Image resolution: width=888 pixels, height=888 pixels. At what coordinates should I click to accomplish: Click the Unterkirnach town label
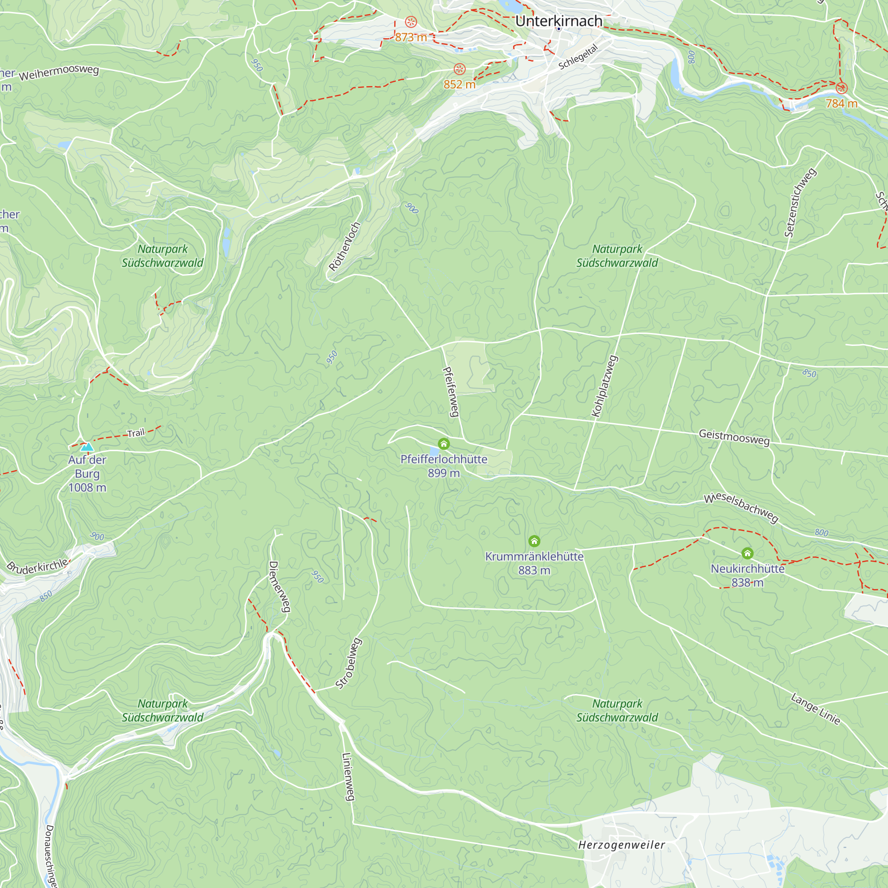click(x=559, y=21)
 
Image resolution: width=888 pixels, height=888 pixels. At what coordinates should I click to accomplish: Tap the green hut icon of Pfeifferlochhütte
click(x=444, y=444)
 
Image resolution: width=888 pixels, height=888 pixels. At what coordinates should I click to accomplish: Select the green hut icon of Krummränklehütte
click(x=534, y=541)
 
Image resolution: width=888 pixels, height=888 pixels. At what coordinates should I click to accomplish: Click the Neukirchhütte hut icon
click(x=747, y=553)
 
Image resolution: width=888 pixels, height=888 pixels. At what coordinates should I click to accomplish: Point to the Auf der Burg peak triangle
click(x=87, y=447)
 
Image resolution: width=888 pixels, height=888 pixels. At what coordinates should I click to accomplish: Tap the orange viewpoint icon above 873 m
click(x=411, y=22)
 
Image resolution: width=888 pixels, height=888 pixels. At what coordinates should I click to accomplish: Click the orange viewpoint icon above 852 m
click(x=460, y=69)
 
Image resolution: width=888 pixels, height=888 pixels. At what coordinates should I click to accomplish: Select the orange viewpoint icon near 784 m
click(x=841, y=88)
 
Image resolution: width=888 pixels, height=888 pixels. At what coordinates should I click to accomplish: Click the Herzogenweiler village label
click(x=622, y=845)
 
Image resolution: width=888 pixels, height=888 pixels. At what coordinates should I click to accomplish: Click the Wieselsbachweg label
click(x=741, y=508)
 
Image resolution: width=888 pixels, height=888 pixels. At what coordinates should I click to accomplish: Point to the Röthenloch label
click(x=344, y=247)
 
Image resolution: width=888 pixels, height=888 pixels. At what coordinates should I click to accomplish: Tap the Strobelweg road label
click(x=349, y=663)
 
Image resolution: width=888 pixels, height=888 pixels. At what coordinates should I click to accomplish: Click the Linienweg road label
click(x=349, y=777)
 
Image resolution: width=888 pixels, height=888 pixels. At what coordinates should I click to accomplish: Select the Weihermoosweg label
click(x=59, y=73)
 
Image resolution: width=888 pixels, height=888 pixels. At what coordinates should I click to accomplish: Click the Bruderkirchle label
click(x=38, y=566)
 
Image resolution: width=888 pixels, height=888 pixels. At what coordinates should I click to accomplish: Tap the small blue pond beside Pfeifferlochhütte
click(x=434, y=452)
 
